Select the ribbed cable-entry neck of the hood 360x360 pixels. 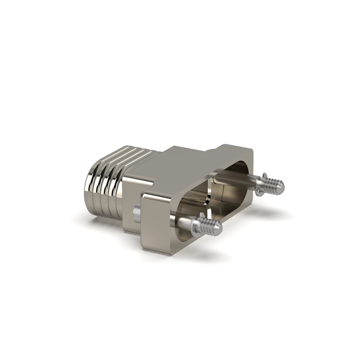(x=107, y=169)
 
